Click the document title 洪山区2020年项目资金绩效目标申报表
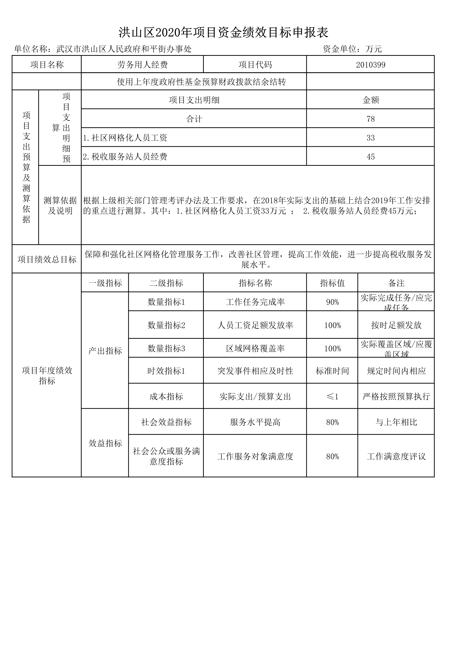tap(224, 33)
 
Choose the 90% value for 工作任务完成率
tap(332, 302)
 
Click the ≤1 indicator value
tap(332, 396)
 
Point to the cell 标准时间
tap(332, 371)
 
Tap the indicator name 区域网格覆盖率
tap(255, 348)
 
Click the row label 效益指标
tap(105, 443)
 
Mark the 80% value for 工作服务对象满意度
tap(332, 456)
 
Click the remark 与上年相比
tap(396, 422)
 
